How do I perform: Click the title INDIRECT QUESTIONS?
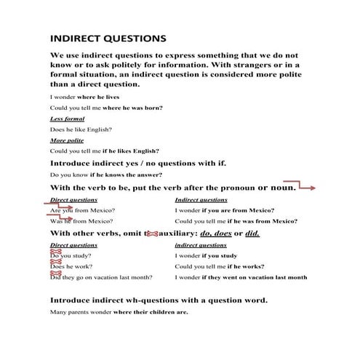click(108, 37)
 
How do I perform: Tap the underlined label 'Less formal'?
click(67, 118)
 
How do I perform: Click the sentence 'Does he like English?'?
click(81, 129)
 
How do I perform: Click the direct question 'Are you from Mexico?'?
click(82, 210)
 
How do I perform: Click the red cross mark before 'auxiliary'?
click(152, 233)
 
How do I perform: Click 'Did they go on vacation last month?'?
click(101, 277)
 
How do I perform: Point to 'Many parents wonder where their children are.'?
click(119, 312)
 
